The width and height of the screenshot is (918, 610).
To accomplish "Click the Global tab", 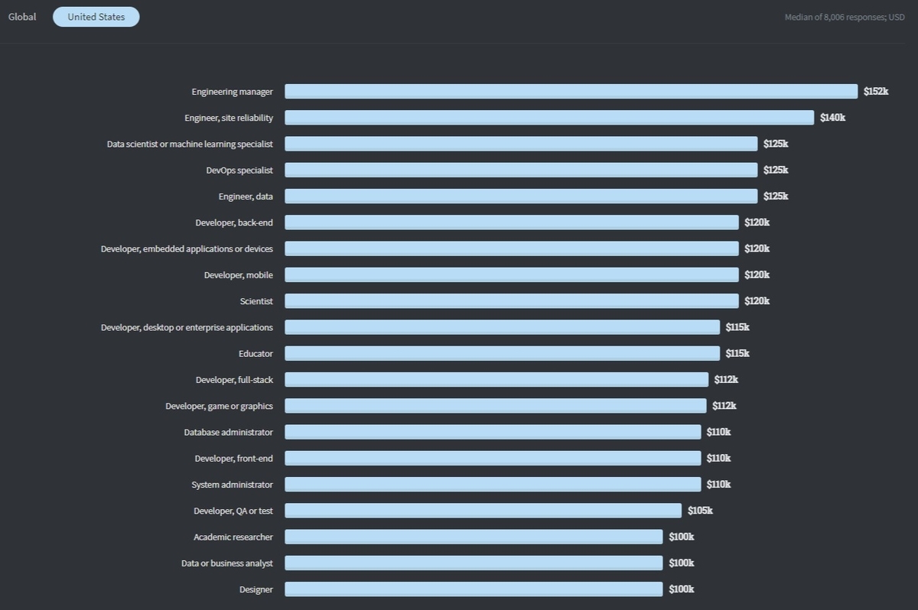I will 22,17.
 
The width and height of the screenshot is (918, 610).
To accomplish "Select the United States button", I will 96,17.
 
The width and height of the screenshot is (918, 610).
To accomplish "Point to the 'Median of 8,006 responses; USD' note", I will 845,17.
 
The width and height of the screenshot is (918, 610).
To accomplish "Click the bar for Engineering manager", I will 571,92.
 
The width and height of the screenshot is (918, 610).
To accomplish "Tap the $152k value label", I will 876,92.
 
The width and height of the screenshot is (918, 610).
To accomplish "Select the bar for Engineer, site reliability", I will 549,118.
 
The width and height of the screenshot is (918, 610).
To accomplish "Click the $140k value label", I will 832,118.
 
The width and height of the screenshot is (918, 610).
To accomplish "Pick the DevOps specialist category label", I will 239,170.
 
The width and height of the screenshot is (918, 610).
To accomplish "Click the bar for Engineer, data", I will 521,196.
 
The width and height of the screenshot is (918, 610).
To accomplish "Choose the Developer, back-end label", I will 234,222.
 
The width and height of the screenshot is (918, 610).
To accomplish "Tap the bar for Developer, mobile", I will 512,274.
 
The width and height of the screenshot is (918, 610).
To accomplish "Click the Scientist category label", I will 256,301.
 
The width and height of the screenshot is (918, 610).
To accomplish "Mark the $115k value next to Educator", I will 737,353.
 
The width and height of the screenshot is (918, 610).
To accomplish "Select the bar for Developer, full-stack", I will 496,379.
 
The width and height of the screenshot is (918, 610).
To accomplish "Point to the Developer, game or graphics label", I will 219,406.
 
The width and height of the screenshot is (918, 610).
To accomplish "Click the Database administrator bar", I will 493,432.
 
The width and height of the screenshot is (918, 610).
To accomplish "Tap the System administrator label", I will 232,485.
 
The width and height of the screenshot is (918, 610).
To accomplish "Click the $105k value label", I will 700,511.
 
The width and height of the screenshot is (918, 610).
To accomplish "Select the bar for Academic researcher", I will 474,537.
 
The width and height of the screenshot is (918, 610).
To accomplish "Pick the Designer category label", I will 256,589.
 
